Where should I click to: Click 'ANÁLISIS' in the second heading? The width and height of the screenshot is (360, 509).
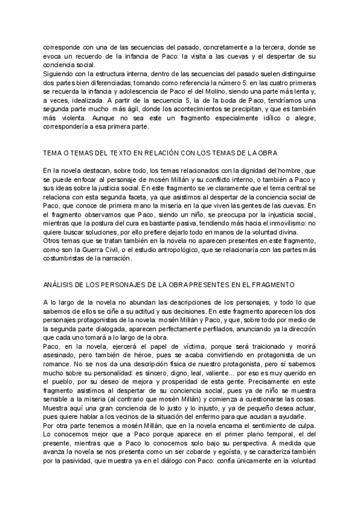pos(59,285)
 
